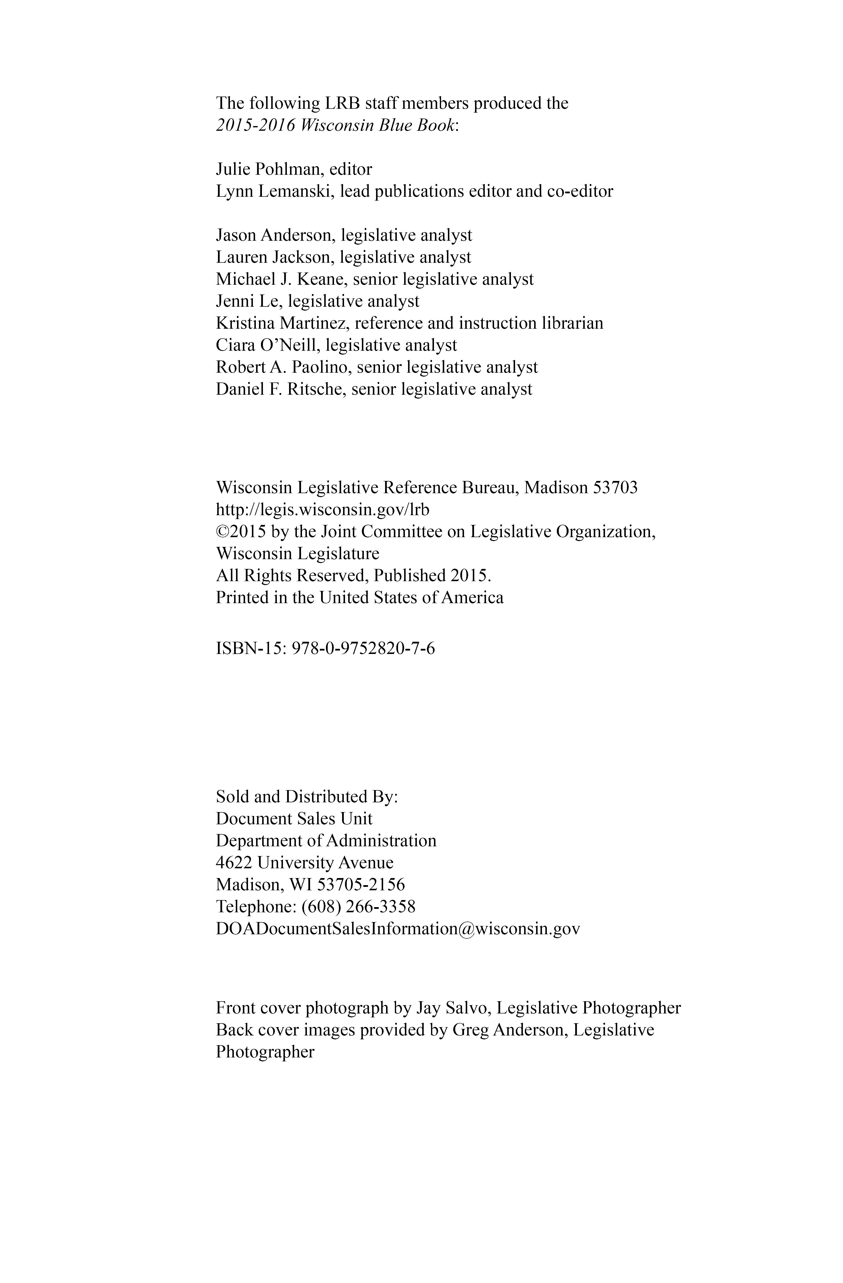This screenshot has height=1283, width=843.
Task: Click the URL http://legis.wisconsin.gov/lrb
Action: (322, 510)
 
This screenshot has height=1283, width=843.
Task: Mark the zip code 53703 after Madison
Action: (615, 488)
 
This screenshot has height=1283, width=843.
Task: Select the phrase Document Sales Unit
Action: (294, 819)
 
